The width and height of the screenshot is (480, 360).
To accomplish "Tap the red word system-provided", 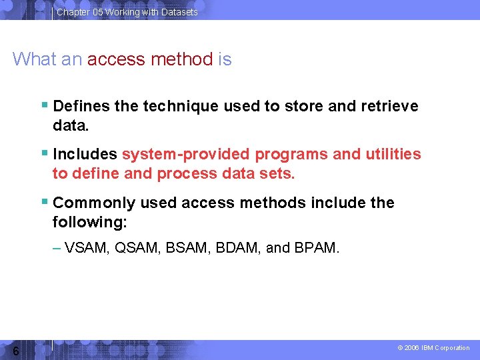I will tap(186, 155).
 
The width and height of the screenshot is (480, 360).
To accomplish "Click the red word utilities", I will tap(393, 155).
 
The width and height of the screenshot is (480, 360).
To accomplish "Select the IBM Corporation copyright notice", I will tap(433, 348).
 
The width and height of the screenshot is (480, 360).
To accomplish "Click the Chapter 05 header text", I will tap(127, 12).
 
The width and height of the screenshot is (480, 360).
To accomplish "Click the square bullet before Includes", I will tap(44, 153).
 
